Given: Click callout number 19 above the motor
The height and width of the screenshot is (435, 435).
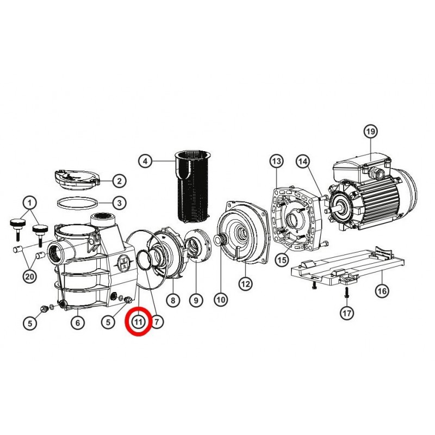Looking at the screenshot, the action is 371,131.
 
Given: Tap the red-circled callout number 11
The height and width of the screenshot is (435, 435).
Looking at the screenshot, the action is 139,322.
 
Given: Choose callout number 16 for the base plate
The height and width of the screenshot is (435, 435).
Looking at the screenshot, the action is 382,291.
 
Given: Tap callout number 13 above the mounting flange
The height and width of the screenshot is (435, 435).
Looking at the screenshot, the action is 277,161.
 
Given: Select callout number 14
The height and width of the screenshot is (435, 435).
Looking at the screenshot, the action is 303,161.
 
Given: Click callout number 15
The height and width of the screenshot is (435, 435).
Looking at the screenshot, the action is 282,260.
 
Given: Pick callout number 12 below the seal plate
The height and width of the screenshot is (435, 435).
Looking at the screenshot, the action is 246,284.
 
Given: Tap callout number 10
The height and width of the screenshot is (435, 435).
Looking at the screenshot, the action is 221,300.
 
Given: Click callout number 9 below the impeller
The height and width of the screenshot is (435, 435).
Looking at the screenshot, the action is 196,300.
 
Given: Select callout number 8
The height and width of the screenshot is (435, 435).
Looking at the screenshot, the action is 173,300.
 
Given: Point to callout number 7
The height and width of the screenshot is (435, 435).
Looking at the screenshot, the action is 157,322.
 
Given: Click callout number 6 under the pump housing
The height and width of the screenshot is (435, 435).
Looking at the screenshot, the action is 78,322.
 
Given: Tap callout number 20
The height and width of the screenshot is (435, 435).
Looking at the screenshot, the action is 30,276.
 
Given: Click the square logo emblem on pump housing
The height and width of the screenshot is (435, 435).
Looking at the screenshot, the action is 123,263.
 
